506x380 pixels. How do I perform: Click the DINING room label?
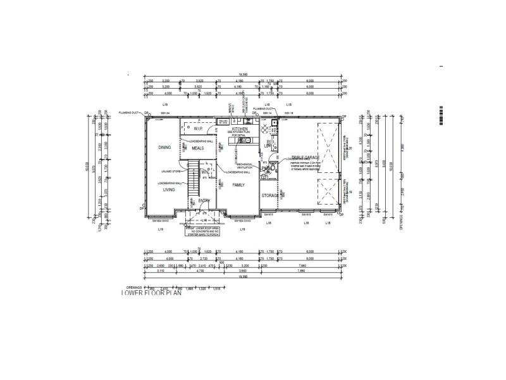pos(165,148)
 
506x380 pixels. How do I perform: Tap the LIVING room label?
pos(168,189)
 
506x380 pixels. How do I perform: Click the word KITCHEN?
pos(240,129)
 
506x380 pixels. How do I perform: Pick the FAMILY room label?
pos(238,185)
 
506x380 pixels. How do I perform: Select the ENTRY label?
pos(204,201)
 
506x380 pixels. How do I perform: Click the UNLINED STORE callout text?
pos(171,172)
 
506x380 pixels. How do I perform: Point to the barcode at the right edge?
pos(441,118)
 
